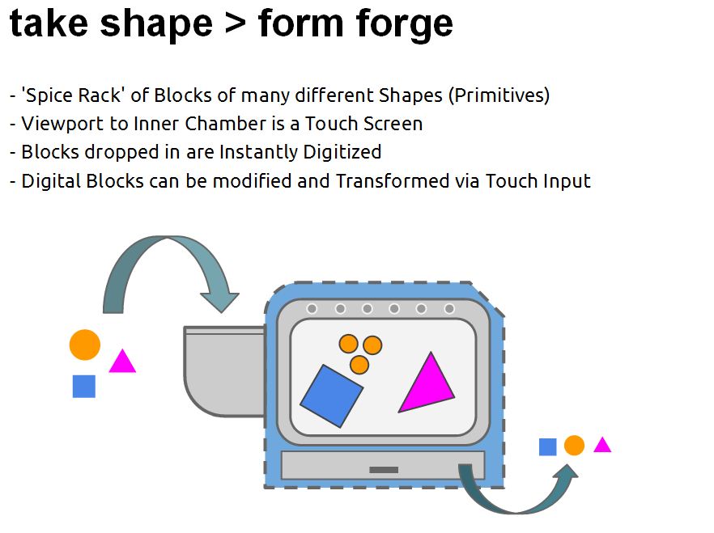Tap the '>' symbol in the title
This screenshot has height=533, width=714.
pyautogui.click(x=235, y=23)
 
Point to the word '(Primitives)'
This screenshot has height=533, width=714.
pyautogui.click(x=499, y=95)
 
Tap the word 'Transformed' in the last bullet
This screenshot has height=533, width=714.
pyautogui.click(x=393, y=181)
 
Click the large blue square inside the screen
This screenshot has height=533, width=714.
pyautogui.click(x=332, y=396)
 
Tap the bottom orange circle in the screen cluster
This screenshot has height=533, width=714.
pyautogui.click(x=359, y=365)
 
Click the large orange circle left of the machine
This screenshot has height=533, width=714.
pyautogui.click(x=85, y=345)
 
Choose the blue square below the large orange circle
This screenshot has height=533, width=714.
pyautogui.click(x=84, y=386)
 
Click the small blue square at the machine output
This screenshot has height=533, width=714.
pyautogui.click(x=548, y=446)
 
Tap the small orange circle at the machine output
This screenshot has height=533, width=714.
pyautogui.click(x=574, y=445)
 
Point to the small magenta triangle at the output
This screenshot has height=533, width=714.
pyautogui.click(x=602, y=445)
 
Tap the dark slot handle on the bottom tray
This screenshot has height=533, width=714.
pyautogui.click(x=384, y=470)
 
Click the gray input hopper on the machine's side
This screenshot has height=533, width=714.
pyautogui.click(x=224, y=370)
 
